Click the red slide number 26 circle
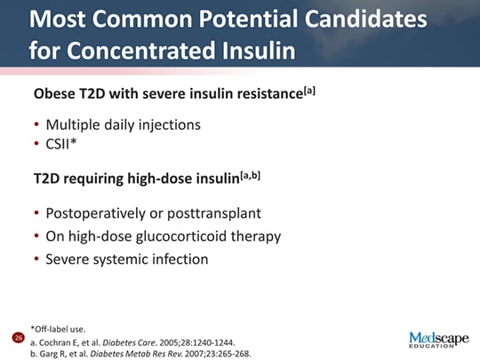[x=17, y=339]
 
